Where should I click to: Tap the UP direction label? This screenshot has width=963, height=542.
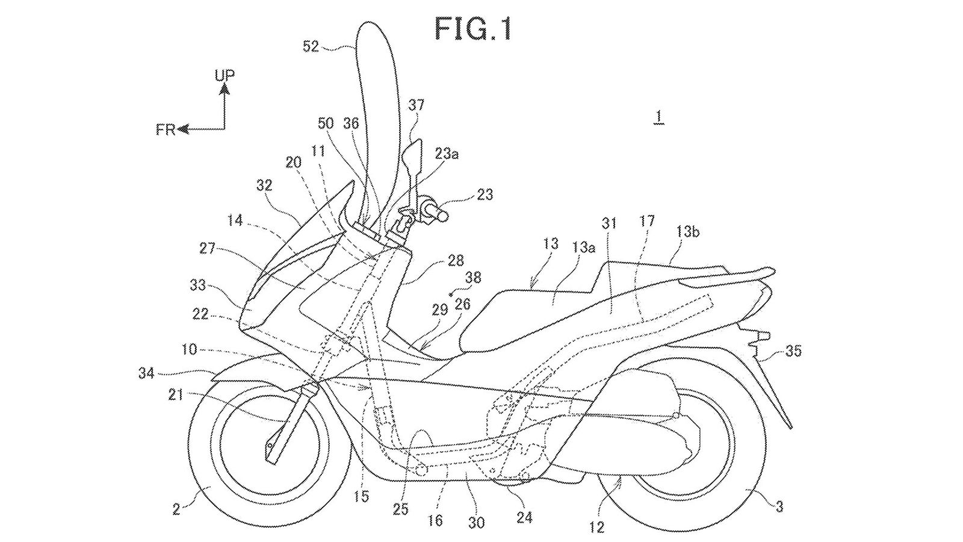tap(224, 75)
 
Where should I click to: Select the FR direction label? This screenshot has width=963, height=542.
tap(165, 129)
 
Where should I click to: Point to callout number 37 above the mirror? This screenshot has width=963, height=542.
tap(416, 105)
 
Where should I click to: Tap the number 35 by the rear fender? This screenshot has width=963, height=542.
tap(793, 350)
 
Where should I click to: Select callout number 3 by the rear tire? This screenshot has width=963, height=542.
tap(779, 507)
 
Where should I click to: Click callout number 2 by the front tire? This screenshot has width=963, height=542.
tap(176, 509)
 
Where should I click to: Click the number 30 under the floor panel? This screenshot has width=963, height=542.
tap(475, 523)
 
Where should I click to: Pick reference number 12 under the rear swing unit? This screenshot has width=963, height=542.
tap(596, 528)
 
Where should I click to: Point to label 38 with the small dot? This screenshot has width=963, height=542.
tap(473, 278)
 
